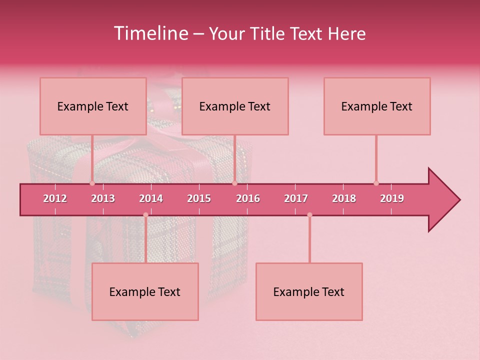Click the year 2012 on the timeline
tap(55, 198)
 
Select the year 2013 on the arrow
tap(103, 198)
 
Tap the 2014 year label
tap(151, 198)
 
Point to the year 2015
tap(199, 198)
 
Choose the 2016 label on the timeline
tap(248, 198)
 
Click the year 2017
tap(296, 198)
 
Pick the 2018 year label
tap(344, 198)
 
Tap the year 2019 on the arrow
tap(392, 198)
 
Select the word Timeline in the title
tap(150, 33)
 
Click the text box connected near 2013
tap(93, 106)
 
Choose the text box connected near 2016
tap(235, 106)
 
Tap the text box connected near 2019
tap(377, 106)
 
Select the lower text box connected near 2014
tap(145, 291)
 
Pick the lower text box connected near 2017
tap(309, 291)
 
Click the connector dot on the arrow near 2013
tap(92, 183)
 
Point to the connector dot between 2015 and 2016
tap(234, 183)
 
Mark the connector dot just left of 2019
tap(376, 183)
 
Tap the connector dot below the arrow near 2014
tap(145, 215)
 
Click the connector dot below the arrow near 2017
tap(309, 215)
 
